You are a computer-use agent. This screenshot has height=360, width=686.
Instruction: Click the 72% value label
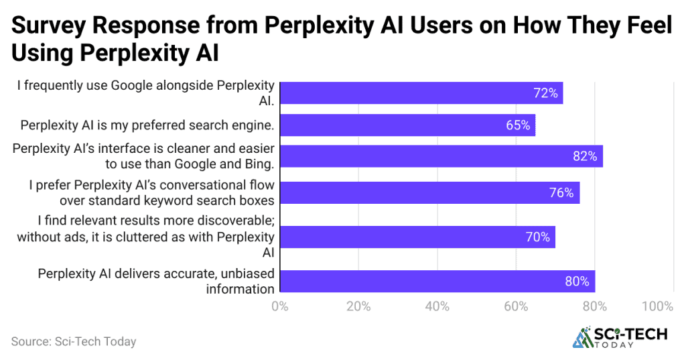coord(545,93)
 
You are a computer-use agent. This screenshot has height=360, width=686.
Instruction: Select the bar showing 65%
coord(407,125)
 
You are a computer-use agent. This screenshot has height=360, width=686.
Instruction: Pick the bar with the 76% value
coord(429,193)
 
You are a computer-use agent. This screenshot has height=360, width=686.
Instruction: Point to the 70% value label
coord(537,237)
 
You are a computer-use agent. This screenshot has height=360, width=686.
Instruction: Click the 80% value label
coord(577,281)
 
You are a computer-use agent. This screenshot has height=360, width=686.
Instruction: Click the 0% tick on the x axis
coord(279,306)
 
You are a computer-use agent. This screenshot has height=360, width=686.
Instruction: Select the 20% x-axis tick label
coord(358,306)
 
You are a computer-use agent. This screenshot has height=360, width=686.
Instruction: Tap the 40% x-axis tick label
coord(437,306)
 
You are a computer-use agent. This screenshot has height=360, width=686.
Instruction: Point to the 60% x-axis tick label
coord(516,306)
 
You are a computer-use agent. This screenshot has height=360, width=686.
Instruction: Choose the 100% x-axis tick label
coord(657,306)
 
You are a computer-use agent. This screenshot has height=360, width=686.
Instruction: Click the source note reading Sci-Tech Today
coord(74,341)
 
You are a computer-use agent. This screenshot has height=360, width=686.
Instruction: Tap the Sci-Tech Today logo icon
coord(582,338)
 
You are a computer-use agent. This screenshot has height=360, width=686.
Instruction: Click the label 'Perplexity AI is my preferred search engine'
coord(147,125)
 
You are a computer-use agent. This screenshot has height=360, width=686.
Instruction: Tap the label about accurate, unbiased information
coord(155,281)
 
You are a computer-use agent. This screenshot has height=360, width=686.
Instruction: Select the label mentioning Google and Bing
coord(143,156)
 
